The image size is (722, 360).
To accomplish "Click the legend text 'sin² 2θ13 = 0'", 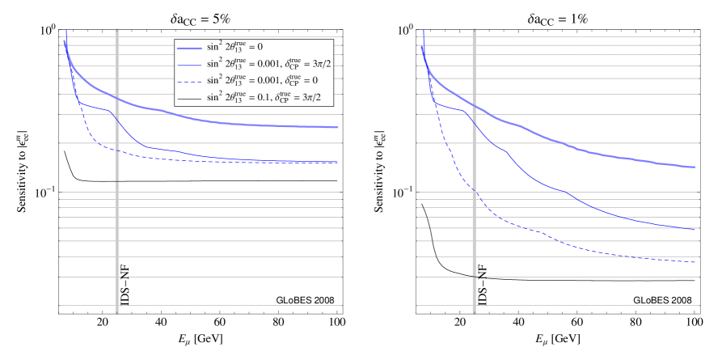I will click(x=234, y=47).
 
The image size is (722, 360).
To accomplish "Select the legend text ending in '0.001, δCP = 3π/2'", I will click(x=268, y=63).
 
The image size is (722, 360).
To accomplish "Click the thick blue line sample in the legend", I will click(x=189, y=48).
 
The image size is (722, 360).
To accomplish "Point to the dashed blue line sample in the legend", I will click(x=189, y=81).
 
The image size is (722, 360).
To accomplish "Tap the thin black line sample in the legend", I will click(x=189, y=98).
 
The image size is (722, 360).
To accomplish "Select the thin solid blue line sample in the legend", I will click(x=189, y=64).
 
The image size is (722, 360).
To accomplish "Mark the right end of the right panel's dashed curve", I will click(x=696, y=262).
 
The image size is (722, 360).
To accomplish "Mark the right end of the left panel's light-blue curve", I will click(x=338, y=128).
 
